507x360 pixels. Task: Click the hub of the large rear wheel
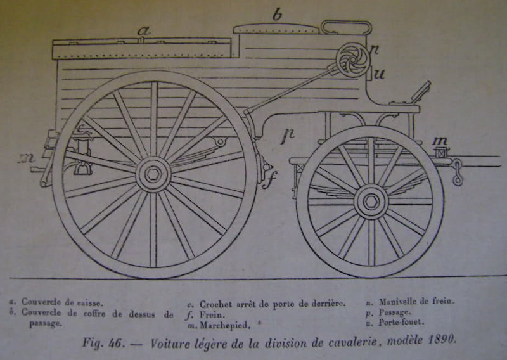[x=153, y=175]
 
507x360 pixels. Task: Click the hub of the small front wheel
[x=371, y=202]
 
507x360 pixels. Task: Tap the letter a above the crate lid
[x=144, y=31]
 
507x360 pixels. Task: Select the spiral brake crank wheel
[x=352, y=60]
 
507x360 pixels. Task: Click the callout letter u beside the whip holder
[x=379, y=74]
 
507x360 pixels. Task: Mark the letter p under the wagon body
[x=288, y=135]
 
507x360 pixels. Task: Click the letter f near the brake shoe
[x=269, y=181]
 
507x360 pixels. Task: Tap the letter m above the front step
[x=440, y=141]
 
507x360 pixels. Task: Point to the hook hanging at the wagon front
[x=457, y=172]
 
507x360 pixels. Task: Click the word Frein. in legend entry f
[x=212, y=315]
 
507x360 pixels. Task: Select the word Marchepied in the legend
[x=225, y=325]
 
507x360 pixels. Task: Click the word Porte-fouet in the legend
[x=401, y=322]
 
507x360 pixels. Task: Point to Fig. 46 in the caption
[x=103, y=342]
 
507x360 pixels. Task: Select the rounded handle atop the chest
[x=346, y=27]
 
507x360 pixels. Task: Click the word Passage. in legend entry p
[x=394, y=312]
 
